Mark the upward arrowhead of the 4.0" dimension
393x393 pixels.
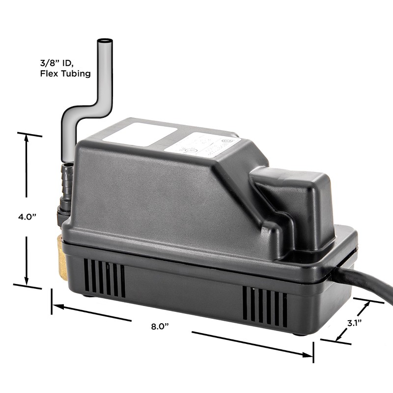pos(26,138)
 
